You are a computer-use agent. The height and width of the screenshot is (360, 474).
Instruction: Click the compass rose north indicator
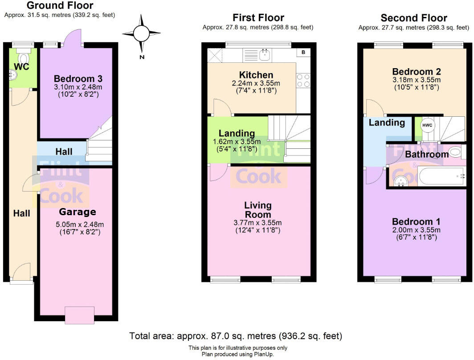142,34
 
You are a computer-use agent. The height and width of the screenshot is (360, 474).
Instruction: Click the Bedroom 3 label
75,79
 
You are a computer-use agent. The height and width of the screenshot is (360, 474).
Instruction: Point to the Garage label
78,212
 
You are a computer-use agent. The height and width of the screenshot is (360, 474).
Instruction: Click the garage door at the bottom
79,315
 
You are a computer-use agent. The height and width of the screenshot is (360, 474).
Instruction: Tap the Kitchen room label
256,75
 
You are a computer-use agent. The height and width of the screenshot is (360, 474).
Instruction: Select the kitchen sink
262,55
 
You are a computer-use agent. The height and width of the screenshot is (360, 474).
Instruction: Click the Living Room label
258,210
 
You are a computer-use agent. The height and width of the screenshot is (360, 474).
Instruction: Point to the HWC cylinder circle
426,125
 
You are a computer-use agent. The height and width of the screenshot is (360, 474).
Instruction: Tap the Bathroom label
427,155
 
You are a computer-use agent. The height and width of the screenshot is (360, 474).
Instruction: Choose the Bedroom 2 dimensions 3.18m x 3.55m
416,80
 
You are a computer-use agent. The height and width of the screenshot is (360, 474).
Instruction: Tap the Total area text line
236,335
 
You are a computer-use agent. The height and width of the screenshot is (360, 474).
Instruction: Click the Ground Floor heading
60,6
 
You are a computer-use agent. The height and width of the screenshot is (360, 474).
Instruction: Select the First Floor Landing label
237,133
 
